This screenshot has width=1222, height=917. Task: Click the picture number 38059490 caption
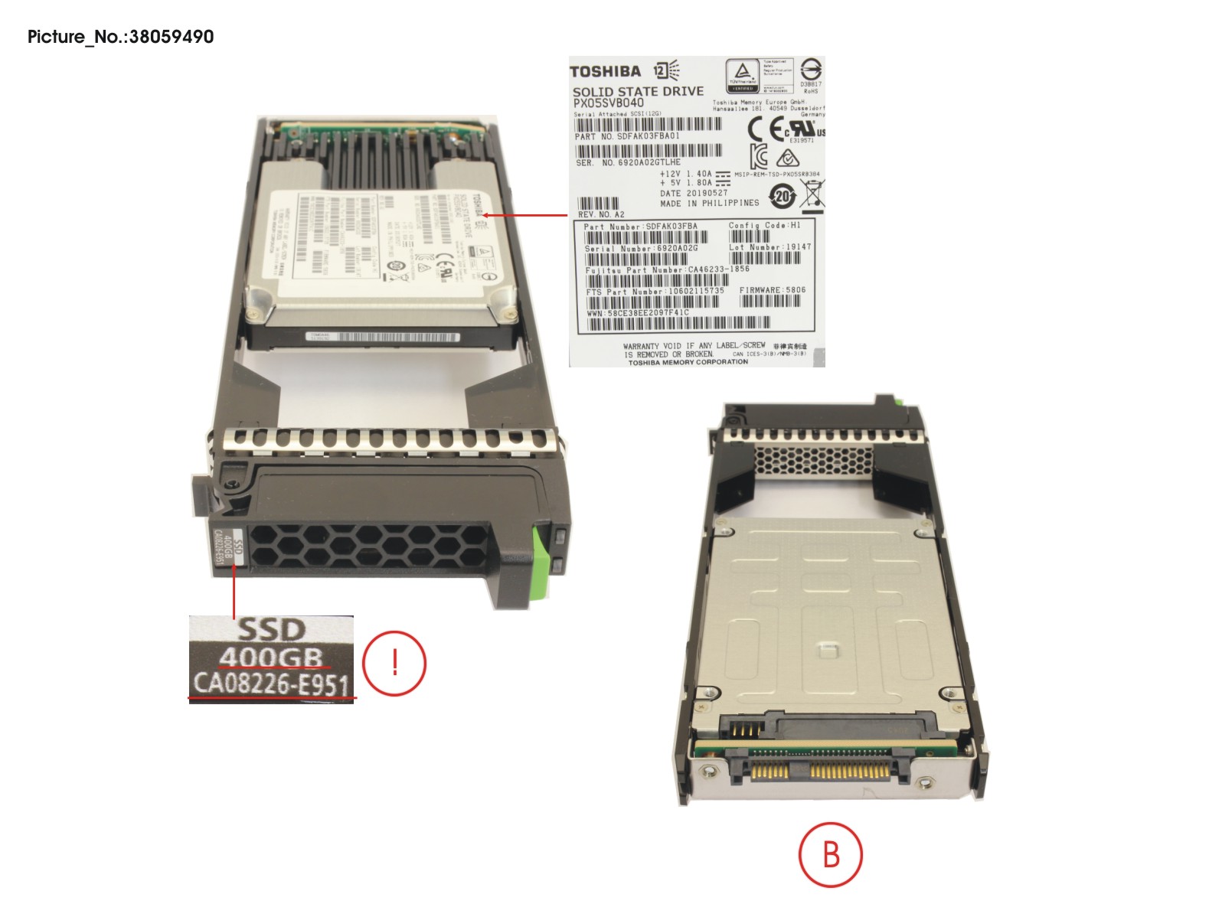(x=120, y=36)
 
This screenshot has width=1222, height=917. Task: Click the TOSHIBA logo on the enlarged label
(x=605, y=71)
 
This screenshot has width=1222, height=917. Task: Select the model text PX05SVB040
(x=608, y=103)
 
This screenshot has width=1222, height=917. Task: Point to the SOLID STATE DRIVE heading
(x=638, y=90)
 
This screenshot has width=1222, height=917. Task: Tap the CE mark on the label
(x=766, y=129)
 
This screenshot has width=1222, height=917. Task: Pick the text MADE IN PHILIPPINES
(x=709, y=203)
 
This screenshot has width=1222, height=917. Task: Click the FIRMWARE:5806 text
(x=772, y=290)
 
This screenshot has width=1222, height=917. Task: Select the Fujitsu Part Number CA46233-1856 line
(x=667, y=269)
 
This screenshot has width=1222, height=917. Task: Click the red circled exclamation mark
(x=394, y=662)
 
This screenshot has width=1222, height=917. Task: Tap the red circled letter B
(x=831, y=853)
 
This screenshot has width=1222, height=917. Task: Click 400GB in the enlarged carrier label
(x=272, y=658)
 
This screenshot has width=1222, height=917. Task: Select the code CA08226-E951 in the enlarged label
(x=272, y=684)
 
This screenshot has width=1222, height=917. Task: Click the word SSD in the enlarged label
(x=272, y=629)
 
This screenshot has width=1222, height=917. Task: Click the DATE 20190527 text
(x=694, y=193)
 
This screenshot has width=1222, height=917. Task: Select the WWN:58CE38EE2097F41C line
(x=638, y=312)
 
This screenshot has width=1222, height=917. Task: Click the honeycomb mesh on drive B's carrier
(x=813, y=462)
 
